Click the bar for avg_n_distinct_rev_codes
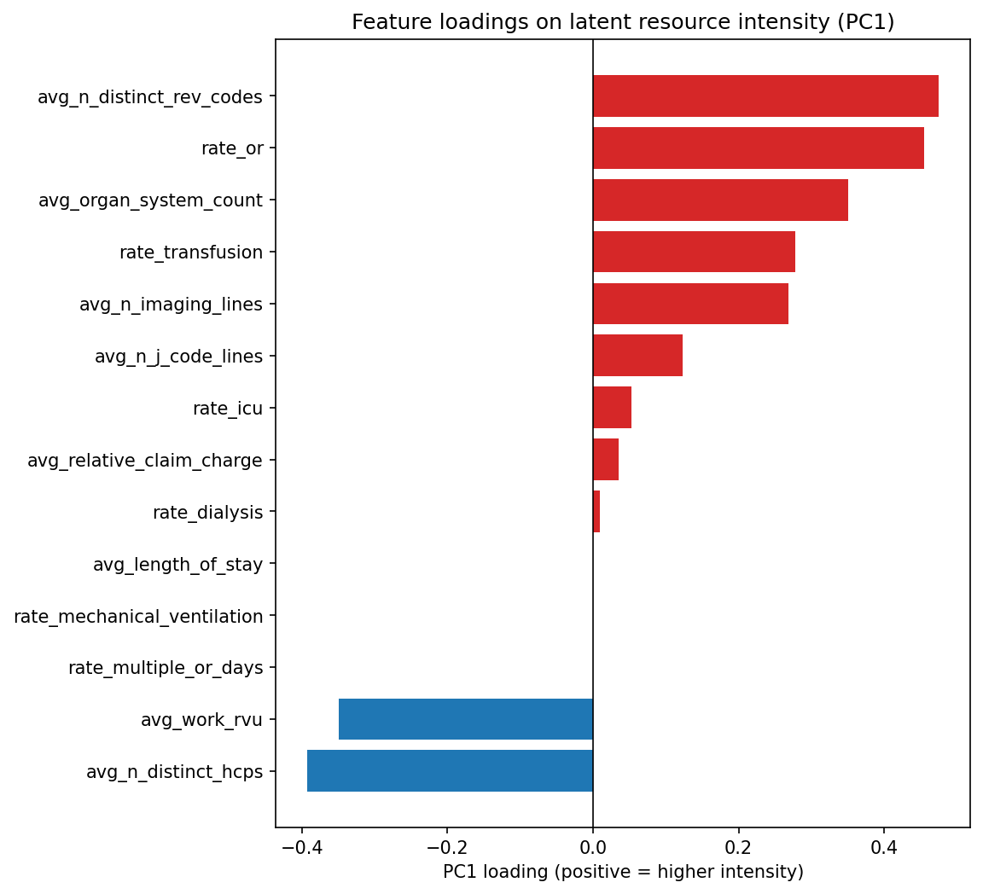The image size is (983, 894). pyautogui.click(x=765, y=96)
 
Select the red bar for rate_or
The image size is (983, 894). pyautogui.click(x=758, y=148)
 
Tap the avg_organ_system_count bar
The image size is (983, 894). pyautogui.click(x=720, y=200)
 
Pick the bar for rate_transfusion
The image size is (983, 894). pyautogui.click(x=694, y=252)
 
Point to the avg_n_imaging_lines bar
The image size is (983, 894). pyautogui.click(x=690, y=304)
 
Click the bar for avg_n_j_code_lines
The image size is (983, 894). pyautogui.click(x=637, y=356)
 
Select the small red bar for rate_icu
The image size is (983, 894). pyautogui.click(x=612, y=408)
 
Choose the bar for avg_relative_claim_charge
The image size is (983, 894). pyautogui.click(x=606, y=460)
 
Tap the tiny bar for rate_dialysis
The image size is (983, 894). pyautogui.click(x=596, y=512)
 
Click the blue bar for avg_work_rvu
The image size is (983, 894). pyautogui.click(x=466, y=719)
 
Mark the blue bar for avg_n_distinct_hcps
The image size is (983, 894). pyautogui.click(x=450, y=771)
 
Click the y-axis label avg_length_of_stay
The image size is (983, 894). pyautogui.click(x=177, y=564)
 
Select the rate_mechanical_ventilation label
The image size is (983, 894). pyautogui.click(x=138, y=616)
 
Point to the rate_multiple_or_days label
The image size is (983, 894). pyautogui.click(x=166, y=668)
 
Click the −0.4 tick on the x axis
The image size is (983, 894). pyautogui.click(x=301, y=848)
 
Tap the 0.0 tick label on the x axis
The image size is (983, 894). pyautogui.click(x=592, y=848)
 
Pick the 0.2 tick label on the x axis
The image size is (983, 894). pyautogui.click(x=738, y=848)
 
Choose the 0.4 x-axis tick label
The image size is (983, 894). pyautogui.click(x=884, y=848)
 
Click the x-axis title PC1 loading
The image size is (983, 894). pyautogui.click(x=623, y=872)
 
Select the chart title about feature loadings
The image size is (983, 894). pyautogui.click(x=623, y=22)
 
